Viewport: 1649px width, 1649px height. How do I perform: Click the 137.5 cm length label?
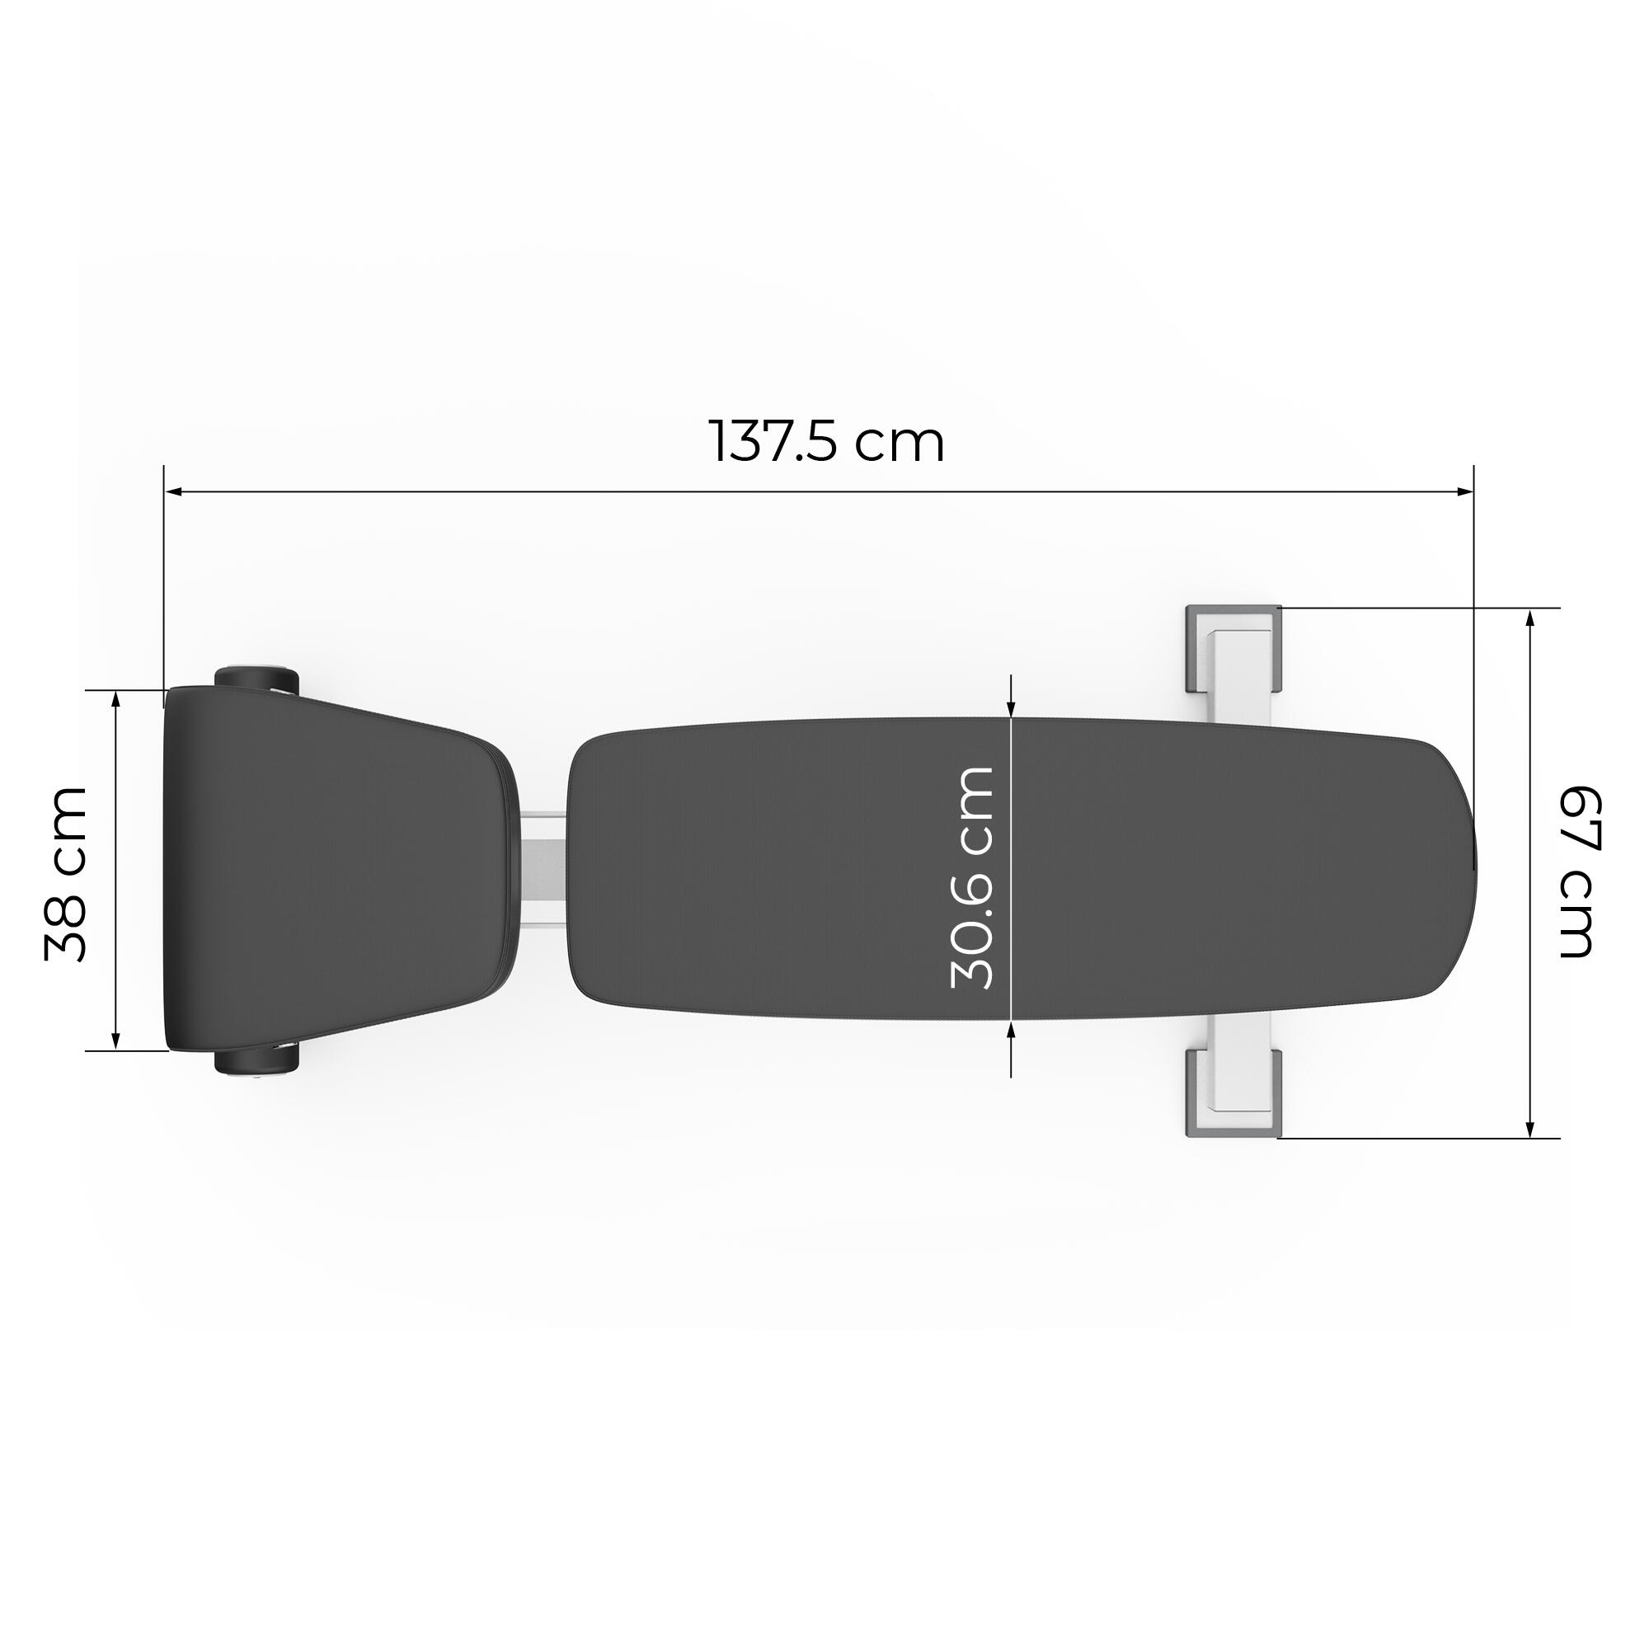click(827, 440)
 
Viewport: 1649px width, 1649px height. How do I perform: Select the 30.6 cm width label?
click(971, 878)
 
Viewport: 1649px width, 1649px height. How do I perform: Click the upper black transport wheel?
click(256, 680)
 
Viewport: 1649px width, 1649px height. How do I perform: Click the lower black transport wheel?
click(256, 1062)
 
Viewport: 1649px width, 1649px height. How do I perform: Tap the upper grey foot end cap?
click(1234, 648)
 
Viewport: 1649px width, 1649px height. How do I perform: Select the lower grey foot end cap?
click(1234, 1094)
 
